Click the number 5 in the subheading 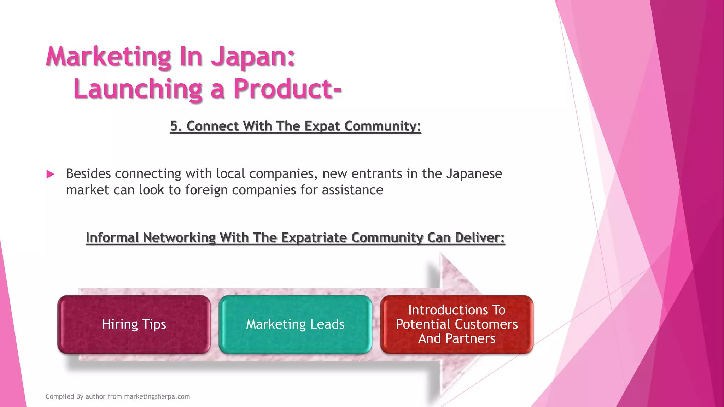click(174, 126)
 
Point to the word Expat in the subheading click(322, 126)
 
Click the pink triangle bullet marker click(50, 174)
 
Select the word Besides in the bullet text click(89, 174)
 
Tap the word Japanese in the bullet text click(474, 174)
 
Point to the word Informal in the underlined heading click(112, 237)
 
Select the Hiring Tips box click(134, 324)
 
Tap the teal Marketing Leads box click(295, 324)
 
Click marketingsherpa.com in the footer click(157, 396)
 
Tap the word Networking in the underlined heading click(179, 237)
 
